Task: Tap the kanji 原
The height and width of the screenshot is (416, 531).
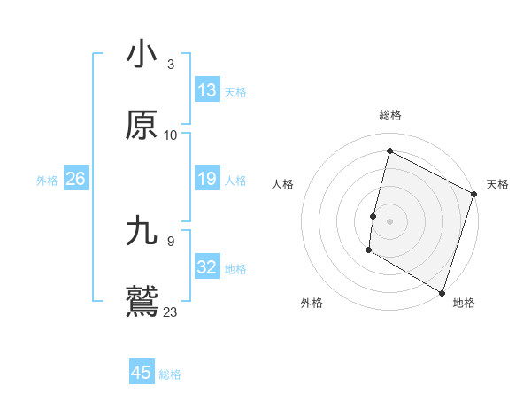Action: pyautogui.click(x=142, y=126)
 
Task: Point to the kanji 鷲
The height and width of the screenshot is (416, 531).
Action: pyautogui.click(x=142, y=301)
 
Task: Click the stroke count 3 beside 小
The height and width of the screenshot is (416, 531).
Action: pyautogui.click(x=170, y=65)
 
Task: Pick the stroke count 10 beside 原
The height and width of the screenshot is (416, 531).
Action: pyautogui.click(x=171, y=135)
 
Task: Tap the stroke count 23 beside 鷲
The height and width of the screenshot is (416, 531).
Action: pyautogui.click(x=171, y=312)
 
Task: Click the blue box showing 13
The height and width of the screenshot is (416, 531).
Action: pyautogui.click(x=207, y=90)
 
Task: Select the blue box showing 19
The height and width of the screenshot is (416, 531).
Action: pyautogui.click(x=207, y=180)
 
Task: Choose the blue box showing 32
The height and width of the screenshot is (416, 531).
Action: pyautogui.click(x=207, y=267)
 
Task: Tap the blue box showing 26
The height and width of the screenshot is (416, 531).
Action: pyautogui.click(x=75, y=180)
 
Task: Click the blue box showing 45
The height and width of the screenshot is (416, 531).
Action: pyautogui.click(x=142, y=373)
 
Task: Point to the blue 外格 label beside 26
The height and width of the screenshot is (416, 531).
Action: pyautogui.click(x=47, y=181)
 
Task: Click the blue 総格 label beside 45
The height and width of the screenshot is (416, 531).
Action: pyautogui.click(x=170, y=374)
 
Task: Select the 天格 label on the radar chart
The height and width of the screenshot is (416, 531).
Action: pyautogui.click(x=497, y=184)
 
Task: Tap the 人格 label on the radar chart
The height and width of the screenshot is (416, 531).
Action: pyautogui.click(x=282, y=184)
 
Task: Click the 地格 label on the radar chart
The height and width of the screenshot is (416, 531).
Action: pyautogui.click(x=464, y=303)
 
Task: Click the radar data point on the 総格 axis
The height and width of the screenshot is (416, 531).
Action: pyautogui.click(x=389, y=151)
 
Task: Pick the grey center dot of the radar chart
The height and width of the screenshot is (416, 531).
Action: pyautogui.click(x=389, y=220)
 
